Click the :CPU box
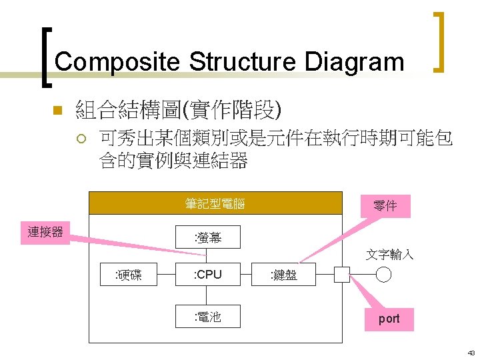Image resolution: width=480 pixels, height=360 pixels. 207,275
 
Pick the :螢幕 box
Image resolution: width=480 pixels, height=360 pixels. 207,237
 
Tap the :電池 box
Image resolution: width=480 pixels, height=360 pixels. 207,317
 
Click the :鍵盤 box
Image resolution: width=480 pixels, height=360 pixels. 283,275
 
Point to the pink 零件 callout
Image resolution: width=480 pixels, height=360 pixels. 385,206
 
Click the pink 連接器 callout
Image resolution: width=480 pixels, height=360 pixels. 45,232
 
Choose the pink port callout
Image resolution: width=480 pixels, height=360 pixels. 389,319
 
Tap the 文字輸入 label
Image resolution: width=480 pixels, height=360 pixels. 389,255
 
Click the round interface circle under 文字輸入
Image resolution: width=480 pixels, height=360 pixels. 383,275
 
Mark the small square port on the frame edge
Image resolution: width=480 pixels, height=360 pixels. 342,275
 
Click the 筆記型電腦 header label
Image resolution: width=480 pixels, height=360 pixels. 215,204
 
